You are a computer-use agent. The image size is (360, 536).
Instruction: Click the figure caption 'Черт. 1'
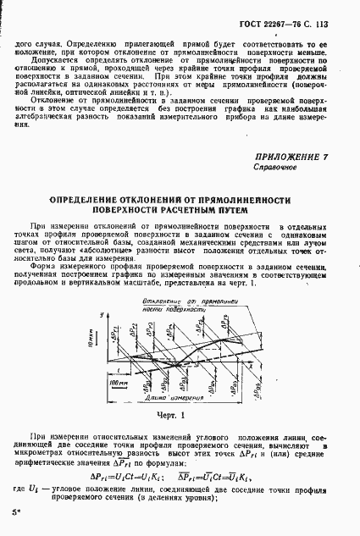coord(181,416)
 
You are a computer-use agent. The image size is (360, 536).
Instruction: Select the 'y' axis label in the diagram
coord(101,315)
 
